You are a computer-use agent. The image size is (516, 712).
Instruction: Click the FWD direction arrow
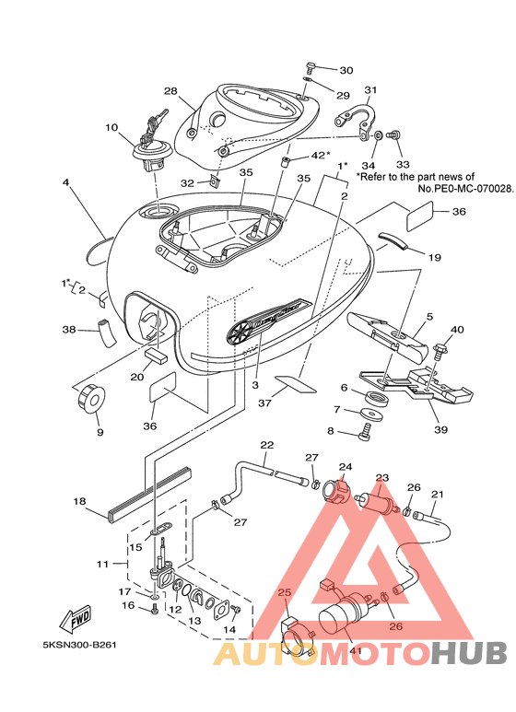click(76, 618)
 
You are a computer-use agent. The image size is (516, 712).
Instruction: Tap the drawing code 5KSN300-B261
click(79, 645)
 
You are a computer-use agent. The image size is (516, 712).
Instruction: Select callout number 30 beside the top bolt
click(346, 70)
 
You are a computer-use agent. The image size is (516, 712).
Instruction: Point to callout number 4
click(66, 183)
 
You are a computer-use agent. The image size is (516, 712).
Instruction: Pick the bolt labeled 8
click(366, 431)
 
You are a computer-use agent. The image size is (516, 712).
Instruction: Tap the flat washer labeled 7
click(371, 414)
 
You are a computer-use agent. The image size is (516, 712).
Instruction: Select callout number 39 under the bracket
click(441, 429)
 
